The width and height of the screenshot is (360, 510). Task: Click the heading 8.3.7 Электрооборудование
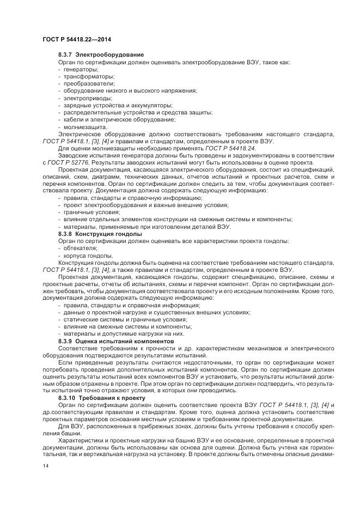tap(101, 54)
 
